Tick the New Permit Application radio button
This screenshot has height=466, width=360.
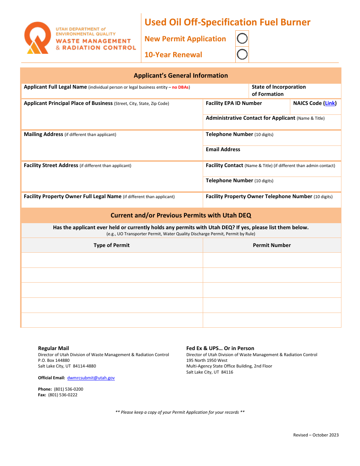click(x=242, y=38)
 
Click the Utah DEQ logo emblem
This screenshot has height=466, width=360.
click(x=37, y=38)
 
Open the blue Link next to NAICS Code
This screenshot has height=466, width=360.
click(x=330, y=103)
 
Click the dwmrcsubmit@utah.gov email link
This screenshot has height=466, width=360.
click(x=91, y=378)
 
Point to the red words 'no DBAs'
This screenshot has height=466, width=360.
click(x=180, y=87)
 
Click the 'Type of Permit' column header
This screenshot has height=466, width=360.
click(x=111, y=245)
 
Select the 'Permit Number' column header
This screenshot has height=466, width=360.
click(x=272, y=245)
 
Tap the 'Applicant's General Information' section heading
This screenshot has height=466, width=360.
click(x=181, y=75)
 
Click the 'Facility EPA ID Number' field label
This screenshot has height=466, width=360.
click(x=234, y=103)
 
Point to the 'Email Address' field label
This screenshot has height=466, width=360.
click(x=223, y=149)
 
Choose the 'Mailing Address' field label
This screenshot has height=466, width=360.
click(x=44, y=134)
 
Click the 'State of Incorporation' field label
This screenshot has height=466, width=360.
click(x=279, y=87)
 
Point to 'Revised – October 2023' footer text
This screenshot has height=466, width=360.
click(x=316, y=435)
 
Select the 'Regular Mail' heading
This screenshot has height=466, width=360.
click(x=53, y=348)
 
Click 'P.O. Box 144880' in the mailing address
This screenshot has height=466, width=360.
click(x=54, y=360)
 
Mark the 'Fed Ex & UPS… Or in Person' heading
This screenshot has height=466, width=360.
click(x=220, y=348)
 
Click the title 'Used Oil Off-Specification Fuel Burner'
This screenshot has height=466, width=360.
click(x=227, y=22)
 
